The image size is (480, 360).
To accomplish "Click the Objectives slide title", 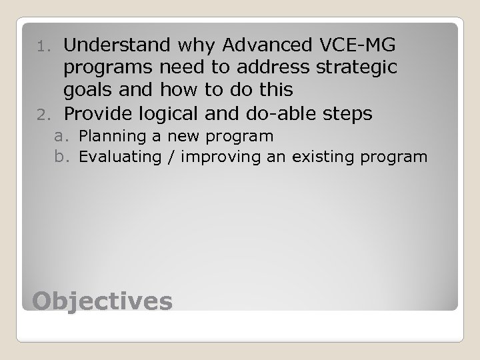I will (102, 301).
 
